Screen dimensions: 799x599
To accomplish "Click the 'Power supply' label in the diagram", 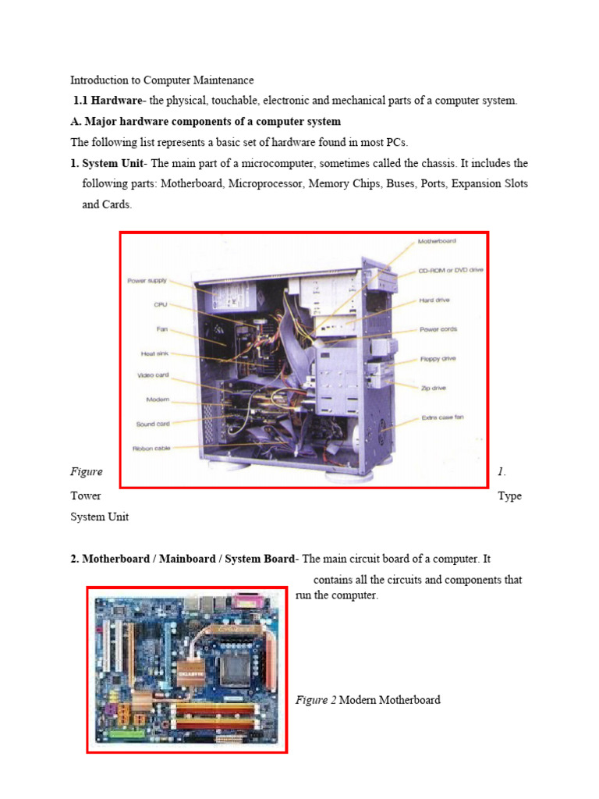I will pyautogui.click(x=147, y=281).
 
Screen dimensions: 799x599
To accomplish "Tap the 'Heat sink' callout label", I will pyautogui.click(x=154, y=353).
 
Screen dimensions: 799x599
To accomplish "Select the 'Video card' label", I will pyautogui.click(x=154, y=375).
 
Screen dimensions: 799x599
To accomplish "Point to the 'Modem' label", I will pyautogui.click(x=158, y=399).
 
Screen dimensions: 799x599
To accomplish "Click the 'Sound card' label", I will pyautogui.click(x=153, y=424).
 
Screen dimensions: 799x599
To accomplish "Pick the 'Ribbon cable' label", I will pyautogui.click(x=151, y=449).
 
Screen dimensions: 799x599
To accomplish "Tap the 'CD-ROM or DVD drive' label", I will pyautogui.click(x=451, y=270).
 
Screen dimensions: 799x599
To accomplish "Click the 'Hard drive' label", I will pyautogui.click(x=434, y=300).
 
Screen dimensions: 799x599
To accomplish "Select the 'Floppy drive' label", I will pyautogui.click(x=438, y=359).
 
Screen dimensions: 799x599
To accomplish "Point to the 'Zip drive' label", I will pyautogui.click(x=433, y=388).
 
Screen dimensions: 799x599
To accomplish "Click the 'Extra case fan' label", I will pyautogui.click(x=442, y=417).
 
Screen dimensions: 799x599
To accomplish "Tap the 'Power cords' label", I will pyautogui.click(x=438, y=329).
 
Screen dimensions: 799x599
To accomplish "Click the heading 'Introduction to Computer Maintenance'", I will pyautogui.click(x=162, y=80).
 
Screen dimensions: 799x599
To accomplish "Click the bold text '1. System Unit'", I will pyautogui.click(x=108, y=164).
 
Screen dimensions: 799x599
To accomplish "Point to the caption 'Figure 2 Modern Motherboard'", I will pyautogui.click(x=367, y=700).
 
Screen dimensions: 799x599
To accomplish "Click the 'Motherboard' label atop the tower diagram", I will pyautogui.click(x=437, y=241).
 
